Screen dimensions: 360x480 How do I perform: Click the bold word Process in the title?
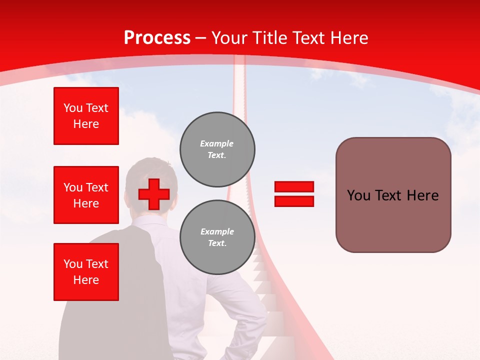click(157, 38)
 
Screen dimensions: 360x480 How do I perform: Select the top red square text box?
click(86, 116)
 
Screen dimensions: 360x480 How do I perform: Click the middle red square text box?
click(86, 195)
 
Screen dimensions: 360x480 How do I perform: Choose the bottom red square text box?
click(86, 272)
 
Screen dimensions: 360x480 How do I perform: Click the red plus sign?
click(154, 194)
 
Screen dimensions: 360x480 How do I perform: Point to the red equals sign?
click(294, 194)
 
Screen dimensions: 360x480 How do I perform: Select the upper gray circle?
click(217, 149)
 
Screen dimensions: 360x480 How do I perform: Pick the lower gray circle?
click(217, 237)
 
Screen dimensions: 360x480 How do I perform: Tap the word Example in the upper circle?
click(217, 143)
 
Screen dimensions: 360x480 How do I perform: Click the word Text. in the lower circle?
click(217, 243)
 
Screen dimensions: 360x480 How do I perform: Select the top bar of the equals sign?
click(294, 187)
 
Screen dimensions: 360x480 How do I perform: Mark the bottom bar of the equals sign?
click(294, 201)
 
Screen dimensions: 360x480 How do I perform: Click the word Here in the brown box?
click(422, 195)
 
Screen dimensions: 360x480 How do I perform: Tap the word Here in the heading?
click(350, 38)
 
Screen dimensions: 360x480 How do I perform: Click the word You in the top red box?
click(73, 108)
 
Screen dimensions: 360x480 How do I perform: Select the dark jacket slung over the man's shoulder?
click(110, 300)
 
